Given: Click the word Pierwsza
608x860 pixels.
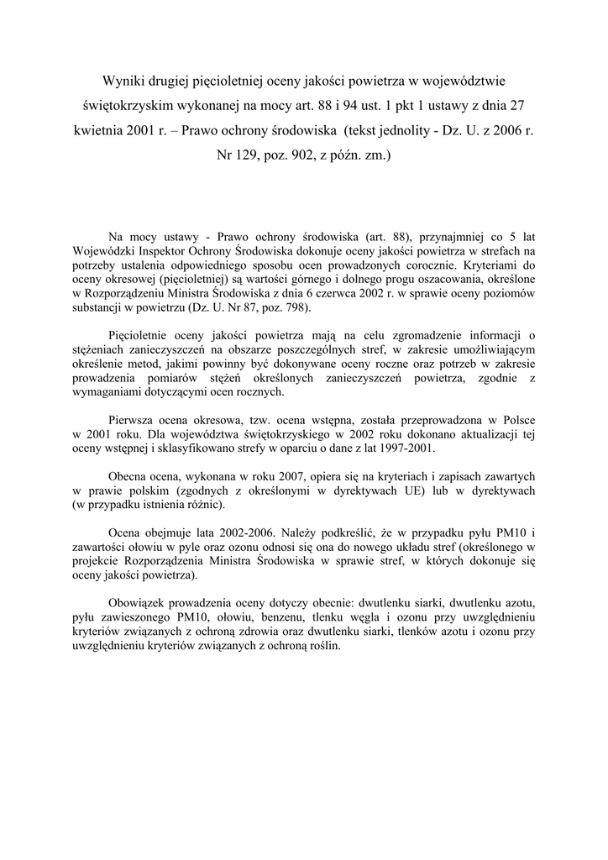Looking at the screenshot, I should coord(134,420).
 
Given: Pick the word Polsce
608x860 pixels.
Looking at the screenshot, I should coord(516,420).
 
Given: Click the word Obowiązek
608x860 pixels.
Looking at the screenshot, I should coord(139,603).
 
